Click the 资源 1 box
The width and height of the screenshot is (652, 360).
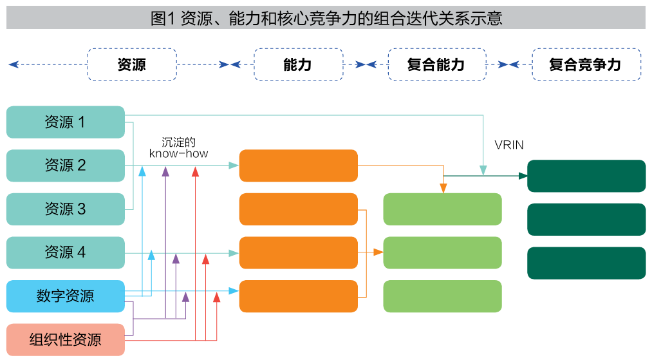point(65,122)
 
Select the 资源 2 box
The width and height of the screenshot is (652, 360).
point(65,166)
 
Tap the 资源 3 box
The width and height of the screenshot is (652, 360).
point(65,209)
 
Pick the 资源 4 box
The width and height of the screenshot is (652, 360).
point(65,252)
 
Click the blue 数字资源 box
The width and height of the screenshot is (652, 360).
point(65,296)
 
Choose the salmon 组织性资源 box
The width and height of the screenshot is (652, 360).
point(65,339)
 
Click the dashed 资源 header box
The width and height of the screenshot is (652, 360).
point(132,64)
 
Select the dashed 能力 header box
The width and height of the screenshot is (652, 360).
point(299,64)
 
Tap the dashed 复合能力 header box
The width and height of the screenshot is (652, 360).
point(436,64)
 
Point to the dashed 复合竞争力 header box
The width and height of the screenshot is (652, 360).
point(586,64)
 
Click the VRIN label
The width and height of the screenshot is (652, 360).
point(509,145)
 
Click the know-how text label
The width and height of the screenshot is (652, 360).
point(178,154)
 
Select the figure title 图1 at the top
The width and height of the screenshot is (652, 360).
point(326,18)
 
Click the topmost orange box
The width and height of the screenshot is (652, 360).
point(298,166)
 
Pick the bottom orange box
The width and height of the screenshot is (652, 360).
point(298,296)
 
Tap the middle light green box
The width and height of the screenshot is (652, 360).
point(442,252)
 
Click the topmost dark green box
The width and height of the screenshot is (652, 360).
point(586,176)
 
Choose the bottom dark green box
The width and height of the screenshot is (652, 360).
point(586,263)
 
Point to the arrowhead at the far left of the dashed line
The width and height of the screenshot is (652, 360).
point(13,64)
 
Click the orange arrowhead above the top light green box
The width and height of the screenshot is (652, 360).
point(443,188)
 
